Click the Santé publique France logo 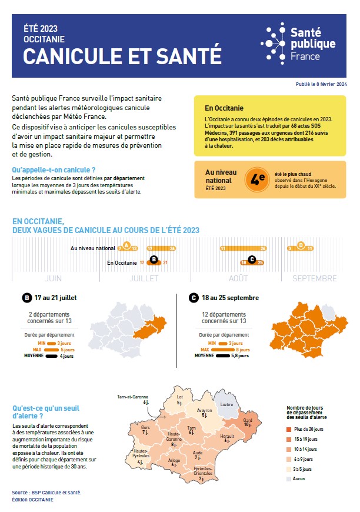click(299, 44)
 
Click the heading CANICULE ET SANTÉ click(122, 56)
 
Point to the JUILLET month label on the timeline click(144, 278)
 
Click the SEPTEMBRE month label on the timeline click(315, 278)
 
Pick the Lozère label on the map click(226, 405)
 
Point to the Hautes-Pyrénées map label click(140, 454)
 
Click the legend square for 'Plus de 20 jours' click(289, 430)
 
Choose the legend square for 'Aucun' click(289, 478)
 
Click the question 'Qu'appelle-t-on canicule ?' click(54, 170)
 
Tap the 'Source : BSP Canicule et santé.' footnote click(46, 492)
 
